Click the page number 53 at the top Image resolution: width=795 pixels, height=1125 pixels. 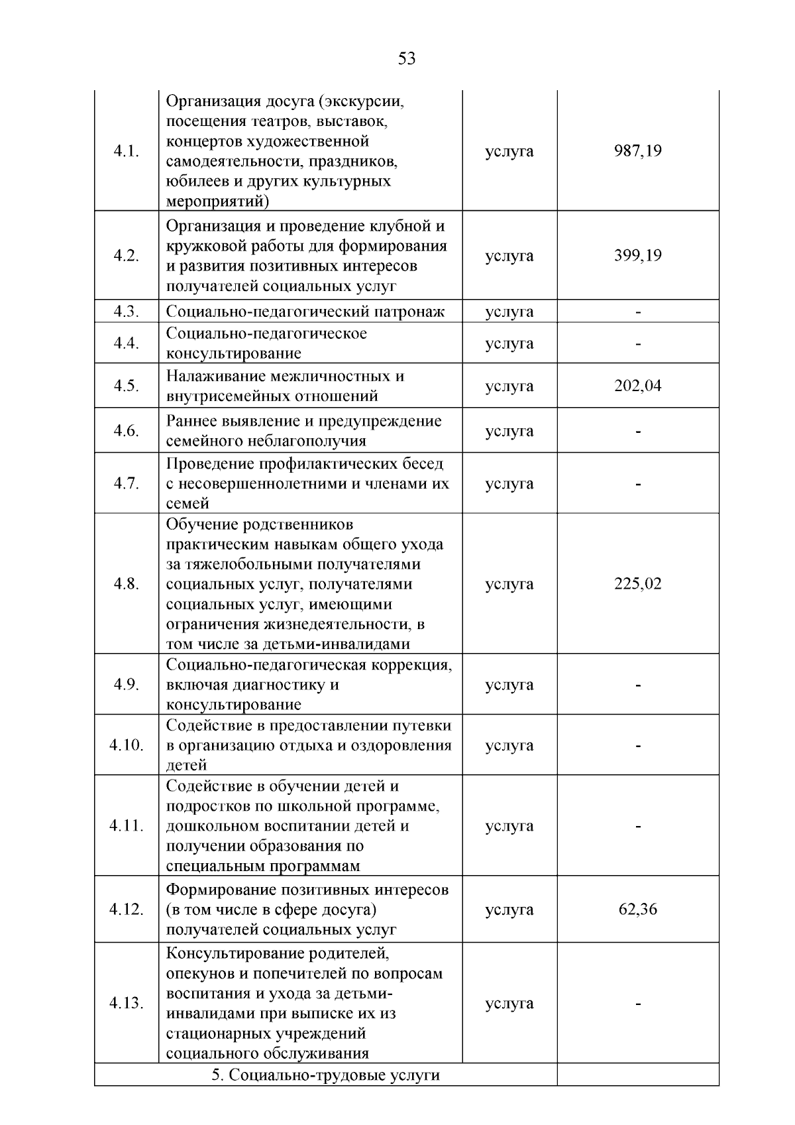point(407,59)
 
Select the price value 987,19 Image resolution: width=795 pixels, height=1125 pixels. point(638,151)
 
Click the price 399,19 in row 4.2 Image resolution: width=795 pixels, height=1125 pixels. point(638,256)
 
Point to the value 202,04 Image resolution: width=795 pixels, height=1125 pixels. point(638,386)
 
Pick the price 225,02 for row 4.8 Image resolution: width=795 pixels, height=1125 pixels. point(638,584)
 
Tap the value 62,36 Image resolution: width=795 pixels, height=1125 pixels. point(638,909)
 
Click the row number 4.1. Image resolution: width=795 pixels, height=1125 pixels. point(126,151)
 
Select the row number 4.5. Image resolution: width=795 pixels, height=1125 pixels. point(126,386)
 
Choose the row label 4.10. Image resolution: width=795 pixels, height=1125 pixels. point(126,745)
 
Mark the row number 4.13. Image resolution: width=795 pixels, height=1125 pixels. point(126,1003)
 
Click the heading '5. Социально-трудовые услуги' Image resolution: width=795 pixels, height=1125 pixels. point(325,1075)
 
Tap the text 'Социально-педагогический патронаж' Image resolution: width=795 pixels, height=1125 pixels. point(305,312)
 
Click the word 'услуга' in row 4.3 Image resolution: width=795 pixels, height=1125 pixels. point(509,312)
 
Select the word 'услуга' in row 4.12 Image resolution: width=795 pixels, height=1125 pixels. point(509,909)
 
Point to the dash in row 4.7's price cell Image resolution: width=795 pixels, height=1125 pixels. point(638,484)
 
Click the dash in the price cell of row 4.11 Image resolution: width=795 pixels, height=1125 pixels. point(638,826)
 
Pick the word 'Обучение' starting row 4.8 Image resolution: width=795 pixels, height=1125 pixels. point(202,525)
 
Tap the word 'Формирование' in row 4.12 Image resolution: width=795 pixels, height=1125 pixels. point(223,890)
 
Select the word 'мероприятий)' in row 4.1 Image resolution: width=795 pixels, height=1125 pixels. point(217,201)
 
